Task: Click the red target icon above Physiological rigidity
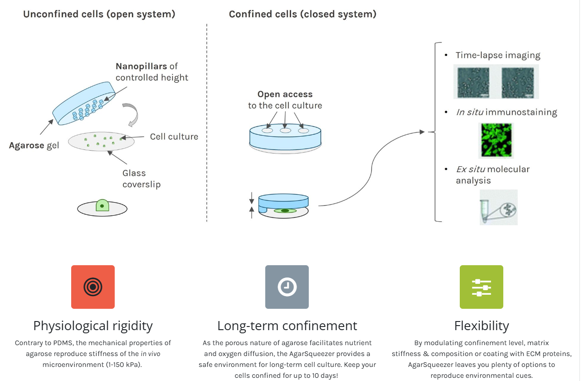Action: coord(93,287)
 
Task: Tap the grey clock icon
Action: coord(287,287)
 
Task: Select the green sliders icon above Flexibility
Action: coord(481,287)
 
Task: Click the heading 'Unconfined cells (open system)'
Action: coord(99,14)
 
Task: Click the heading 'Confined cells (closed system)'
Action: coord(302,14)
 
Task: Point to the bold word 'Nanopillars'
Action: coord(141,66)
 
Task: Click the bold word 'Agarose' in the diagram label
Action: coord(26,146)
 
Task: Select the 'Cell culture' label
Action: coord(174,136)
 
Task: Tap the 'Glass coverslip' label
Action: coord(141,178)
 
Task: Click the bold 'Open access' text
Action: coord(285,94)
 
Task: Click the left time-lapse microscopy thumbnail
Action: coord(472,82)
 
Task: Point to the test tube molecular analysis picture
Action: coord(498,208)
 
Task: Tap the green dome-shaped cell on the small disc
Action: coord(102,205)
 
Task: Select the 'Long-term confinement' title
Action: coord(287,326)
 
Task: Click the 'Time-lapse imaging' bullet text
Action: coord(498,55)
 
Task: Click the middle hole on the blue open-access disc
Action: coord(285,131)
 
